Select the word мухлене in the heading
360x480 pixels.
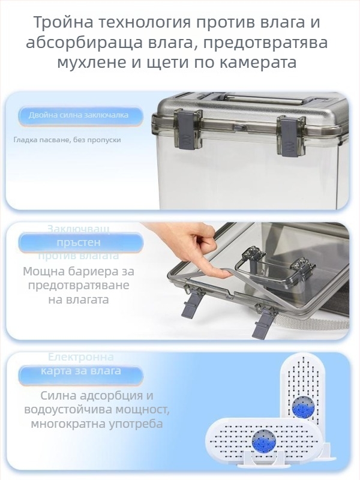coord(91,62)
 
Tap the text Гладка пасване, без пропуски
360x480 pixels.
coord(67,140)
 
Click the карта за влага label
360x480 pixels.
coord(80,371)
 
